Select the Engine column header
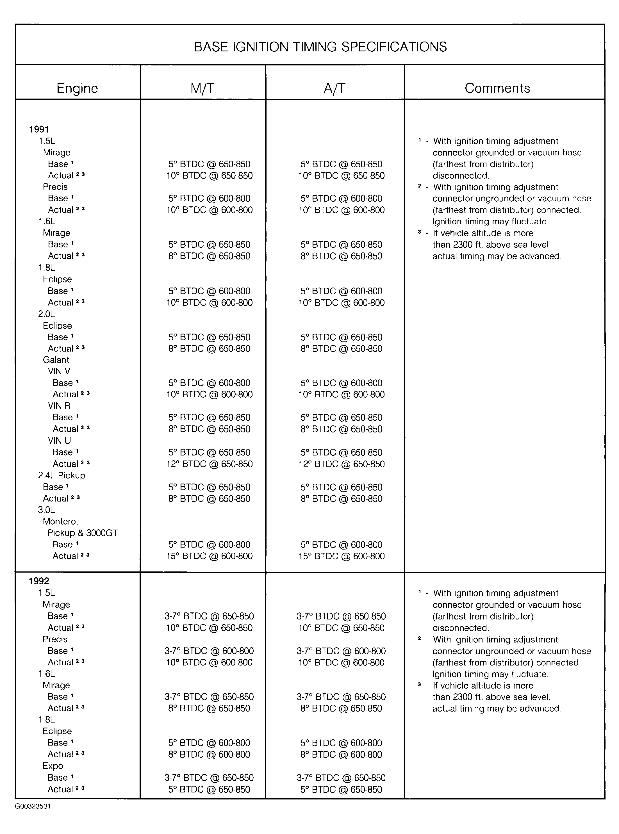tap(77, 88)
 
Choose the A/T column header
tap(334, 88)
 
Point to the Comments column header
tap(497, 88)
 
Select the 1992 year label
tap(39, 581)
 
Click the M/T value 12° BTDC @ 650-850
tap(210, 464)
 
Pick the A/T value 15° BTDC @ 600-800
tap(341, 556)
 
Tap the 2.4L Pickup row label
tap(62, 475)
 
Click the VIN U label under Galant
tap(59, 441)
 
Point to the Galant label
tap(56, 360)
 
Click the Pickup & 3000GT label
tap(83, 533)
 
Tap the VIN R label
tap(59, 406)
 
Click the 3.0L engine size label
tap(46, 510)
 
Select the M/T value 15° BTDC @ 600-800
tap(210, 556)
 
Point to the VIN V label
tap(59, 371)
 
